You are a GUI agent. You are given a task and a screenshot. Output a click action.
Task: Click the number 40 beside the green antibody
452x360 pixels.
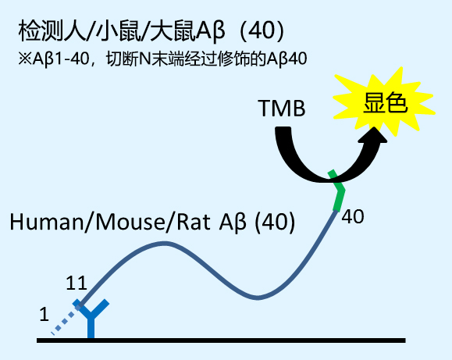click(354, 216)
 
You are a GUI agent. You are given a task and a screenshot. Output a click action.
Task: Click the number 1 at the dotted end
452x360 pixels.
click(44, 315)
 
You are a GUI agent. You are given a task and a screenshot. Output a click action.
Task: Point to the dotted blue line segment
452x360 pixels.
click(66, 319)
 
